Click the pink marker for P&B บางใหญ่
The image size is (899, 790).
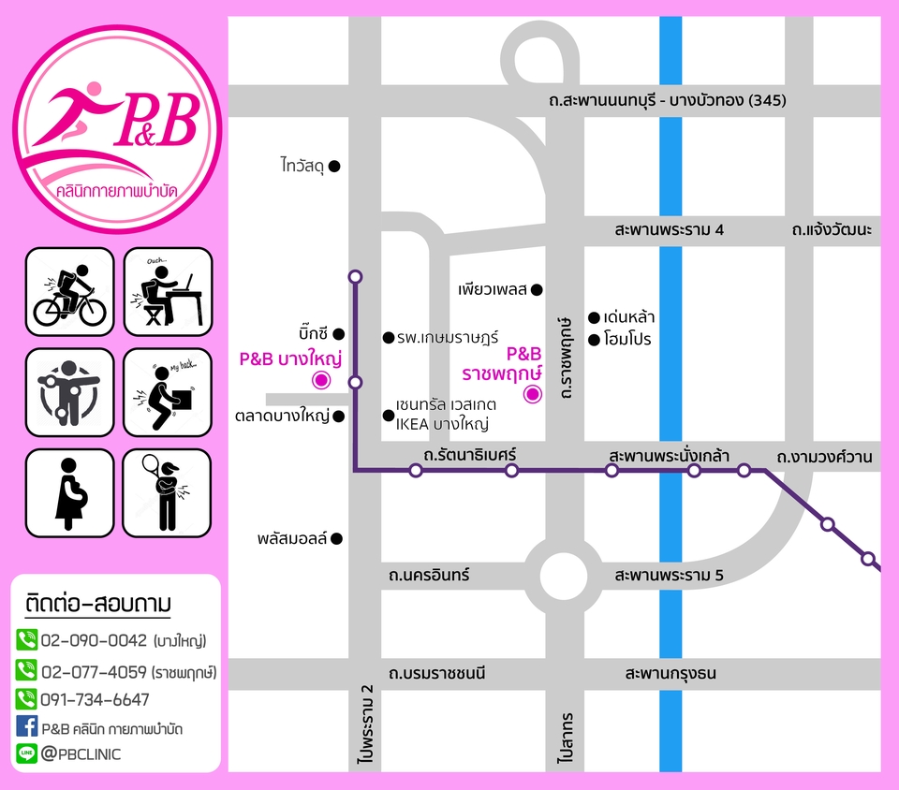pyautogui.click(x=320, y=380)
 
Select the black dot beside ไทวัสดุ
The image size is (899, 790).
pyautogui.click(x=334, y=167)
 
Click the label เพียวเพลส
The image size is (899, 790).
pyautogui.click(x=494, y=289)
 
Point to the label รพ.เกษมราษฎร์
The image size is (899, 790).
pyautogui.click(x=448, y=337)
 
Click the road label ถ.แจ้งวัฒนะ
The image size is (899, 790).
pyautogui.click(x=831, y=229)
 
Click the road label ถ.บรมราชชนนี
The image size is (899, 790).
pyautogui.click(x=438, y=673)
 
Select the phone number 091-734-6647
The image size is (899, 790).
pyautogui.click(x=95, y=699)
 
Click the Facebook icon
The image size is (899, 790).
pyautogui.click(x=26, y=725)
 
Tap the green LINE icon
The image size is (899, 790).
pyautogui.click(x=26, y=753)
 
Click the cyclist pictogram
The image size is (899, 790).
pyautogui.click(x=69, y=291)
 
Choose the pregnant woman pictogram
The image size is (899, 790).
pyautogui.click(x=69, y=493)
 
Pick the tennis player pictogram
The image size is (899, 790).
pyautogui.click(x=168, y=493)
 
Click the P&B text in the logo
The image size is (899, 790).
pyautogui.click(x=156, y=121)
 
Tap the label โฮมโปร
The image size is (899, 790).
pyautogui.click(x=627, y=339)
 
